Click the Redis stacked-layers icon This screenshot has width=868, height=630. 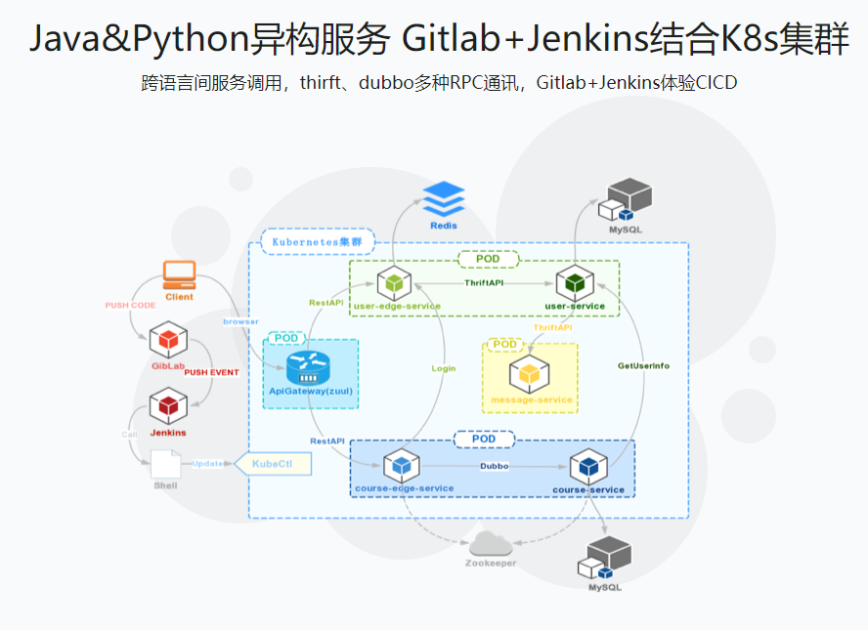[x=444, y=200]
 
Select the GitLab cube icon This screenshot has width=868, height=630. [x=168, y=340]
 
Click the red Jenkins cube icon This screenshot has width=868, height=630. [x=168, y=405]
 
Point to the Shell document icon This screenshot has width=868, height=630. [x=165, y=463]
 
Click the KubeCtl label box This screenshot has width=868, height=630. [x=273, y=464]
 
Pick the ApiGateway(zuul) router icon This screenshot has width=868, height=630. [x=310, y=369]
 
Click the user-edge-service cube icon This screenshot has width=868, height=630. [x=395, y=284]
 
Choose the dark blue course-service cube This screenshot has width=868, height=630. [x=588, y=467]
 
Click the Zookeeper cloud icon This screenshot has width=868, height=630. [x=491, y=545]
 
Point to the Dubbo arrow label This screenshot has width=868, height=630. [x=494, y=467]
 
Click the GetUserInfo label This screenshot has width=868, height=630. [x=643, y=365]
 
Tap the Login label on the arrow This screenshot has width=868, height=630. [x=444, y=368]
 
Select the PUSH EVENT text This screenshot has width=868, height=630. [x=212, y=372]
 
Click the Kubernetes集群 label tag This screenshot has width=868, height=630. [x=309, y=241]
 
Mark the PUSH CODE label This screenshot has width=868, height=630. [x=131, y=306]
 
